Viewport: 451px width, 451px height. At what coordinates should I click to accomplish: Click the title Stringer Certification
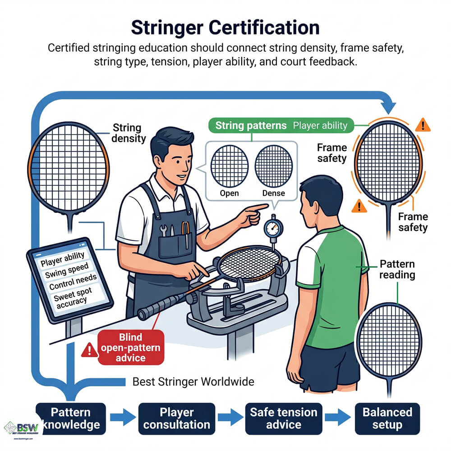[225, 28]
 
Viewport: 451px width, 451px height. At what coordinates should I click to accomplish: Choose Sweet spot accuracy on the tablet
[73, 299]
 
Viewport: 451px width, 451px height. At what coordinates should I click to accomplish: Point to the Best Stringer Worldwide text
[193, 382]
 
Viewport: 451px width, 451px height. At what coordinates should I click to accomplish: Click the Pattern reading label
[397, 269]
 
